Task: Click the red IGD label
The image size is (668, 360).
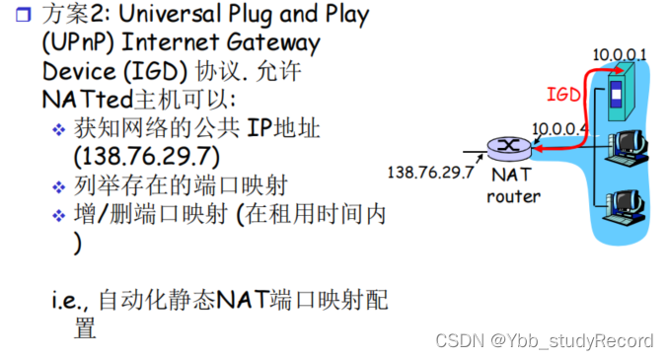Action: tap(563, 94)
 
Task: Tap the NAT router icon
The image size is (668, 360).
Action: tap(509, 148)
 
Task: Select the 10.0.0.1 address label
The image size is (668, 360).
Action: tap(620, 54)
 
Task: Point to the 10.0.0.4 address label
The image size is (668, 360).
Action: tap(559, 128)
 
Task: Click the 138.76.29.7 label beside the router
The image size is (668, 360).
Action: tap(431, 173)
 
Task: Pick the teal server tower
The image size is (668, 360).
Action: tap(622, 93)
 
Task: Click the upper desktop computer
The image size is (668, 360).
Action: tap(627, 148)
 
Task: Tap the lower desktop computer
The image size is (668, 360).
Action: tap(625, 206)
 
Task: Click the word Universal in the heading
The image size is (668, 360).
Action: tap(170, 14)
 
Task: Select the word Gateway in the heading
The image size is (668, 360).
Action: tap(272, 43)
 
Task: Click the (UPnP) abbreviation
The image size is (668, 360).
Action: tap(78, 42)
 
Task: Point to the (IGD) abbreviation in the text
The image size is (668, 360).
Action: tap(155, 71)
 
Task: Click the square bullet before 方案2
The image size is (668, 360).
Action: tap(24, 15)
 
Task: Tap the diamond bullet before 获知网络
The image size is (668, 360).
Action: tap(59, 129)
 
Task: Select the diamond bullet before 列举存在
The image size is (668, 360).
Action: tap(59, 187)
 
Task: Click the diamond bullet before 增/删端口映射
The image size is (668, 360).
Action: tap(59, 216)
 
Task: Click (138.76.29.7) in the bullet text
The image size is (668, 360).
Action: tap(147, 157)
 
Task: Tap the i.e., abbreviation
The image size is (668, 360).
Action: tap(70, 301)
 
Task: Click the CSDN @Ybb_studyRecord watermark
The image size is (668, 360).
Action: tap(544, 341)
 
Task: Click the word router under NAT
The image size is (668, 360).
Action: tap(513, 196)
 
